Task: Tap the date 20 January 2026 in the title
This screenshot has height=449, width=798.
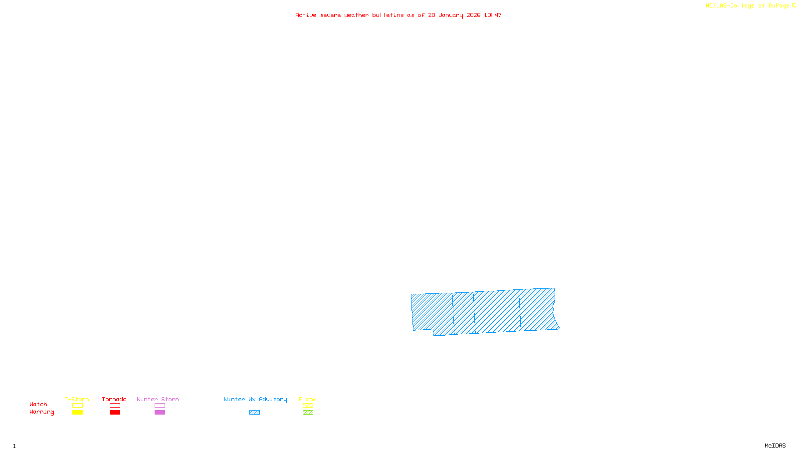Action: tap(454, 15)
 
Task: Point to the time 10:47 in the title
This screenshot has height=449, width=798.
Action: tap(493, 15)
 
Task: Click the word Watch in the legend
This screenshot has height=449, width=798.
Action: tap(38, 405)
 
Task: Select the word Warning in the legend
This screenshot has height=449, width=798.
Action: tap(42, 412)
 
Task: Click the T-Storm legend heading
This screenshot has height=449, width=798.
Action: tap(77, 399)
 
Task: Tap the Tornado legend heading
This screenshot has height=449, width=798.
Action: tap(114, 399)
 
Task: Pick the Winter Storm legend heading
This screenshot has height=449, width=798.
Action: tap(158, 399)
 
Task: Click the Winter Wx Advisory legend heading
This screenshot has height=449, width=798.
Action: tap(255, 399)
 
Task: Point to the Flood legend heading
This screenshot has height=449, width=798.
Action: tap(308, 399)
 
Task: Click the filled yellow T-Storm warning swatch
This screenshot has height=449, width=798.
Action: tap(77, 413)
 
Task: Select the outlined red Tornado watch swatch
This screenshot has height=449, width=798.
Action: tap(115, 406)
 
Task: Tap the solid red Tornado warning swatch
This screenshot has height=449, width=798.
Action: tap(115, 413)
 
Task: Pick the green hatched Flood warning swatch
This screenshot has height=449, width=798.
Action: tap(308, 413)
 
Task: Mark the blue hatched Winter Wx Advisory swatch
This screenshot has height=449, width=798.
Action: tap(254, 413)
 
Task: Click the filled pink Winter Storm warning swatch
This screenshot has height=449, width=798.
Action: tap(160, 413)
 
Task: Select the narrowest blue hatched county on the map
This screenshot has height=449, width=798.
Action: tap(464, 313)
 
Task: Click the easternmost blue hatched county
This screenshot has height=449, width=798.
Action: tap(538, 309)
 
